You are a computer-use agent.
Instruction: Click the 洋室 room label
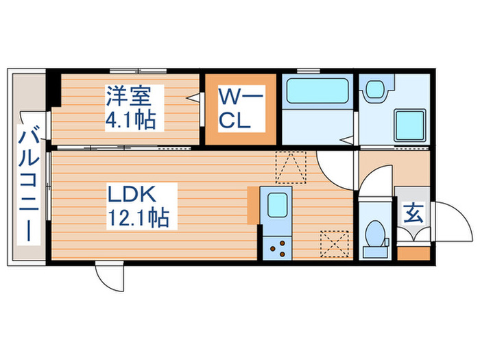click(x=134, y=95)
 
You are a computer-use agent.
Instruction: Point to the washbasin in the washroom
click(x=375, y=89)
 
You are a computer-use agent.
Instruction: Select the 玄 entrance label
click(x=413, y=214)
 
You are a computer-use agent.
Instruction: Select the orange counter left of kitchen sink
click(x=254, y=204)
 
